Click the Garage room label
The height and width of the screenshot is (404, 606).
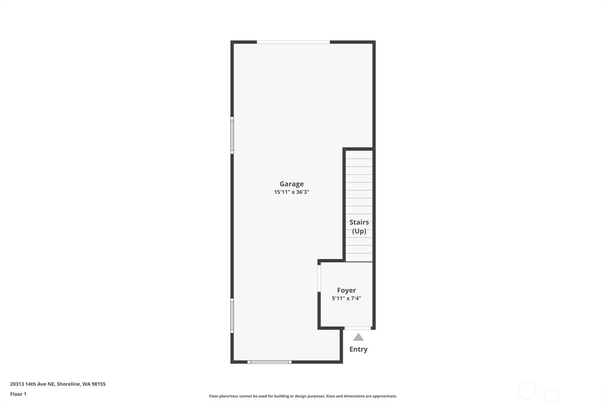coord(291,184)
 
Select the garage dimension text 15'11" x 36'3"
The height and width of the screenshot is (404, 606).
coord(291,192)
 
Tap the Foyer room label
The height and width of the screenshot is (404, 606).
coord(346,290)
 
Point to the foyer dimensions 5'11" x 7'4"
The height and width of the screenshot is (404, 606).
coord(346,299)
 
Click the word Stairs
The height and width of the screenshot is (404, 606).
coord(359,222)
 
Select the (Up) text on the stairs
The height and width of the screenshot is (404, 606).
coord(359,231)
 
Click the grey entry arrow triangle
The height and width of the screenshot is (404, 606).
coord(358,337)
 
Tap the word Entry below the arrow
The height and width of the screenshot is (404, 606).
coord(358,349)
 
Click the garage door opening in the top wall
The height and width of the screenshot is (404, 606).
coord(293,42)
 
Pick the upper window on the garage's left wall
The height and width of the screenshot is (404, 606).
coord(232,135)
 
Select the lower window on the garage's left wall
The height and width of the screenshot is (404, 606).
coord(232,315)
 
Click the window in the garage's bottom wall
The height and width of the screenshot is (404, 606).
coord(269,362)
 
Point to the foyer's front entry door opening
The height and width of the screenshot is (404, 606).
coord(357,328)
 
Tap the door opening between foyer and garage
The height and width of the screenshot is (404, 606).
coord(319,278)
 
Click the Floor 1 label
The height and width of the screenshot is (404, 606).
coord(18,394)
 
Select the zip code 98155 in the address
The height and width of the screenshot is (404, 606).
coord(98,384)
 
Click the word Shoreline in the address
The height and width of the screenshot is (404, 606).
coord(69,384)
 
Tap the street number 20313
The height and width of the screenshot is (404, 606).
coord(17,384)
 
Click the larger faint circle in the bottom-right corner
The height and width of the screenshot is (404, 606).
coord(527,390)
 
